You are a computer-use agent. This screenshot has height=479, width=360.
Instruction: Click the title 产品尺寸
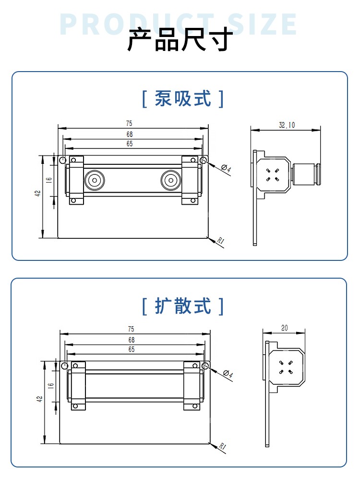180,40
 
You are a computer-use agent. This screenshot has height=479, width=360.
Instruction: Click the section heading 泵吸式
183,99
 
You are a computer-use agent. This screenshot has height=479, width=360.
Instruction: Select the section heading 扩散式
183,306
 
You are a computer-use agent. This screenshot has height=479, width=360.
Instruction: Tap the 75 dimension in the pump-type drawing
130,124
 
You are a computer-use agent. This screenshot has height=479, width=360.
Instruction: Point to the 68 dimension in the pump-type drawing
130,134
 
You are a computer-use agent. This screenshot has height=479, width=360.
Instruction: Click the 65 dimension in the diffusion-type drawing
131,349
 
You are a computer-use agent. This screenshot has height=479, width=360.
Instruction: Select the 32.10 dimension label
287,125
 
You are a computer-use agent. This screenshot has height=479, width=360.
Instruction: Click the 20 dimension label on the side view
284,328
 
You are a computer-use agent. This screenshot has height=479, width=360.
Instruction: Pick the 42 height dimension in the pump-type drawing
38,193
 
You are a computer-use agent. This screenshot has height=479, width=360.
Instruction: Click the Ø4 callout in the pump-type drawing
227,169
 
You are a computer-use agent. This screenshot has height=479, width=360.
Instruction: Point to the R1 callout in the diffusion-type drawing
222,446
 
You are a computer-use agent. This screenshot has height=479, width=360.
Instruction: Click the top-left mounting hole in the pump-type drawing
62,160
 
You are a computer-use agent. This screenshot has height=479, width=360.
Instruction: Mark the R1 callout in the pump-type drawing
220,242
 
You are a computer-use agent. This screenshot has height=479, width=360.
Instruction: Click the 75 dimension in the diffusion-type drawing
131,329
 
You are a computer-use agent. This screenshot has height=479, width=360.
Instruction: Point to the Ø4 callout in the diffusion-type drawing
228,374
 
